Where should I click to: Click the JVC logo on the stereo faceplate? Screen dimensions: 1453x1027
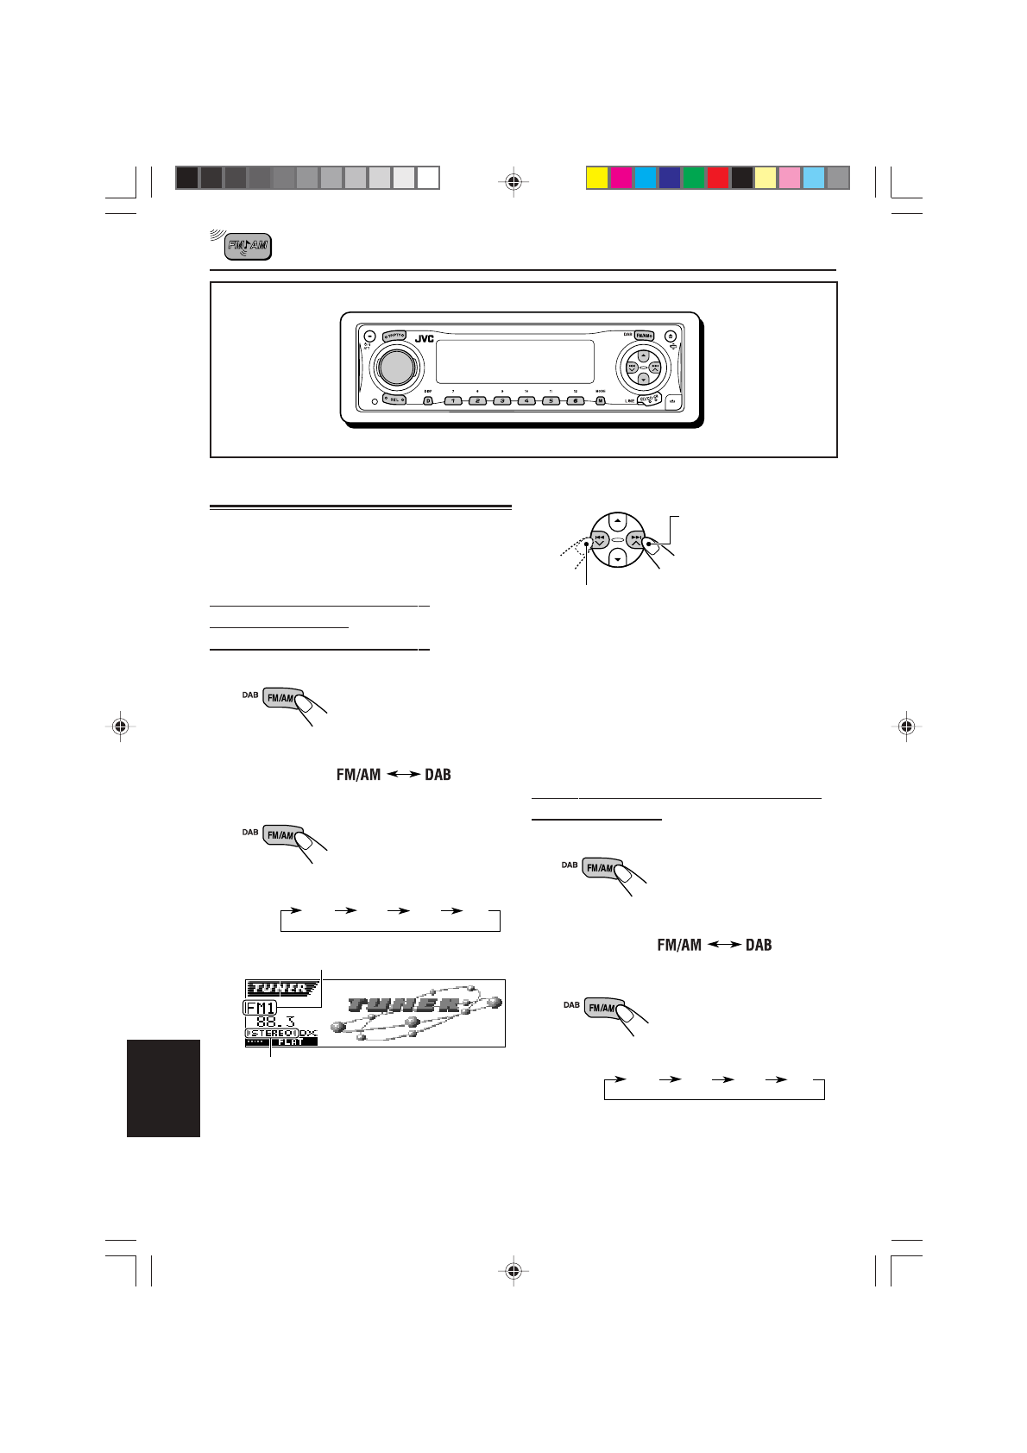coord(424,339)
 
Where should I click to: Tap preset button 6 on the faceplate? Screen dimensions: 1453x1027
coord(575,400)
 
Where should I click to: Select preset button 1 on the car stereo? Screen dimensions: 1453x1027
coord(453,400)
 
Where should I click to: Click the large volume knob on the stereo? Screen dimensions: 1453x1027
coord(394,366)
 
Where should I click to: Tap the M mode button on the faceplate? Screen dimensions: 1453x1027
coord(600,400)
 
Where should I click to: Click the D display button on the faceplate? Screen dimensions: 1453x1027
coord(428,400)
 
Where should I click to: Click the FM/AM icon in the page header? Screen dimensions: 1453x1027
coord(249,247)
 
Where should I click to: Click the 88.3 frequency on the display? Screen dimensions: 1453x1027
coord(276,1022)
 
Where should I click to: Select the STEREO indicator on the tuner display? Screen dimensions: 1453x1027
coord(272,1033)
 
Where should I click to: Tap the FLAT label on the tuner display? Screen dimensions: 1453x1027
coord(291,1041)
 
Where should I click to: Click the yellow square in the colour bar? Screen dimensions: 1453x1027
coord(596,178)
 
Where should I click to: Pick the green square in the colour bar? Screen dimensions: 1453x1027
coord(693,178)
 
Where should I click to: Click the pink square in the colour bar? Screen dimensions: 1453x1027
coord(790,178)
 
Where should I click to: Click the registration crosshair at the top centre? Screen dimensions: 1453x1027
coord(513,181)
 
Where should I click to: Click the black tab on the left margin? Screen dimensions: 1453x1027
coord(163,1087)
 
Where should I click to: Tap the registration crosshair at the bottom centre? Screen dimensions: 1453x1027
coord(513,1270)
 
